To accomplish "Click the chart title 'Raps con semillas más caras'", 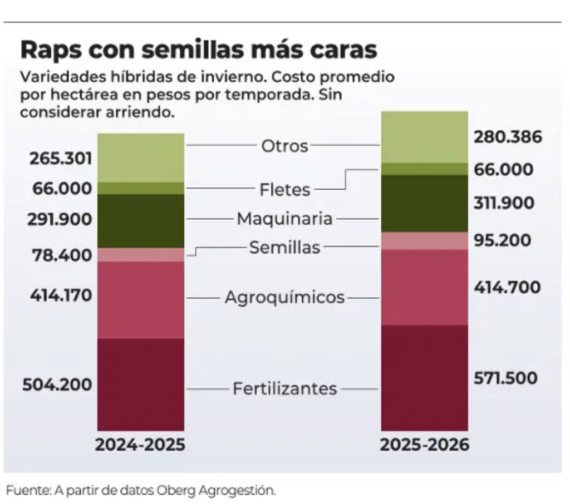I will [x=199, y=50].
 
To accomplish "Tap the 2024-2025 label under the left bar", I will [x=140, y=445].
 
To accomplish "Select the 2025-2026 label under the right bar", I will [x=424, y=445].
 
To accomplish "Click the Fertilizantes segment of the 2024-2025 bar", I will [x=141, y=384].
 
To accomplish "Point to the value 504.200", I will [x=57, y=384].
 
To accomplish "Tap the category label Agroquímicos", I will [x=284, y=298].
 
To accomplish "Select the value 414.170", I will [x=61, y=295].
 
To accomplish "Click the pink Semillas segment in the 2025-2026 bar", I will [x=424, y=241].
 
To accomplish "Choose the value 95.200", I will [x=502, y=241].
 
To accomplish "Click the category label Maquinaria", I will [x=284, y=219].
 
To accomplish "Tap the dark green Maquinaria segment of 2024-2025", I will [x=141, y=221].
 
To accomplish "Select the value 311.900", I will [x=504, y=203].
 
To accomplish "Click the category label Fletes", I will [x=284, y=190].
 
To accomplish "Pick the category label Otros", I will [x=284, y=146].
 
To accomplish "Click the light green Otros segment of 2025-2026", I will [x=424, y=137].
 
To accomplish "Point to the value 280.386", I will [x=507, y=137].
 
